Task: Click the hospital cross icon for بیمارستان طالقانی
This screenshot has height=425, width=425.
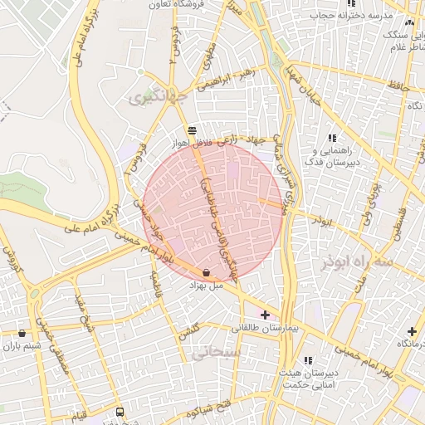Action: point(265,315)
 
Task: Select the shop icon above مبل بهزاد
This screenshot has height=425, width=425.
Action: point(206,272)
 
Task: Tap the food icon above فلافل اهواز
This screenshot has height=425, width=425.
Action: point(193,129)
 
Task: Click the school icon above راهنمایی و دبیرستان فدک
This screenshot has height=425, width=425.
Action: point(332,139)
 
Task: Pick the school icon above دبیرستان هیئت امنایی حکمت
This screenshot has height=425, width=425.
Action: point(308,360)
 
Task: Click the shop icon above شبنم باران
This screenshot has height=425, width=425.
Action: point(22,333)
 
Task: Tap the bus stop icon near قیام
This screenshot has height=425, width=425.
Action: point(120,412)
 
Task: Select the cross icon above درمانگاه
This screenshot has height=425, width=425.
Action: point(411,330)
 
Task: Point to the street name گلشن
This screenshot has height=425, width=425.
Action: point(190,331)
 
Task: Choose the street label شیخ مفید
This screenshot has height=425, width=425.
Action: point(85,315)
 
